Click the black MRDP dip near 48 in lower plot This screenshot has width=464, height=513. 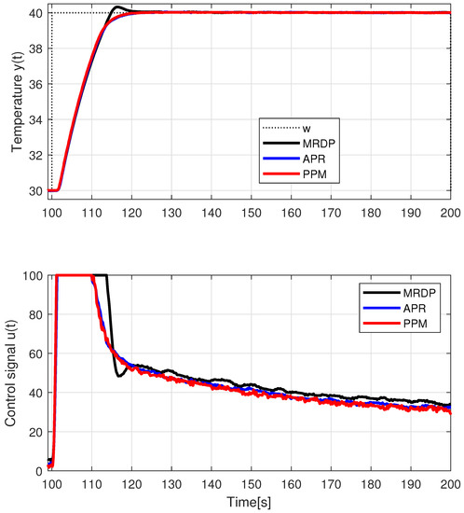[119, 375]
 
